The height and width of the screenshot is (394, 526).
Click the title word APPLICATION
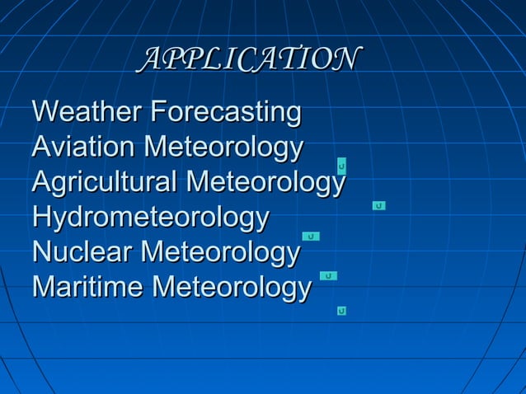point(251,59)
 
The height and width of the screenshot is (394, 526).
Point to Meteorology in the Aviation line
point(223,148)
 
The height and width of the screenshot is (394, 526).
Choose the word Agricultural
point(104,182)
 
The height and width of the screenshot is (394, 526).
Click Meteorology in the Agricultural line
point(266,184)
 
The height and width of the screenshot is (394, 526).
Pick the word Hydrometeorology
point(150,218)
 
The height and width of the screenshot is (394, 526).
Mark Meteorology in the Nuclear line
point(221,254)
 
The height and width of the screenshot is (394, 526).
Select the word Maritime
point(88,288)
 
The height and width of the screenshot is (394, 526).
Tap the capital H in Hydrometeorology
point(41,218)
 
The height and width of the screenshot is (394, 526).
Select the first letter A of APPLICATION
point(150,59)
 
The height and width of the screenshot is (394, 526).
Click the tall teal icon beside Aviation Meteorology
point(341,167)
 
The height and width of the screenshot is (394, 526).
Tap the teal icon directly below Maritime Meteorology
point(341,311)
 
